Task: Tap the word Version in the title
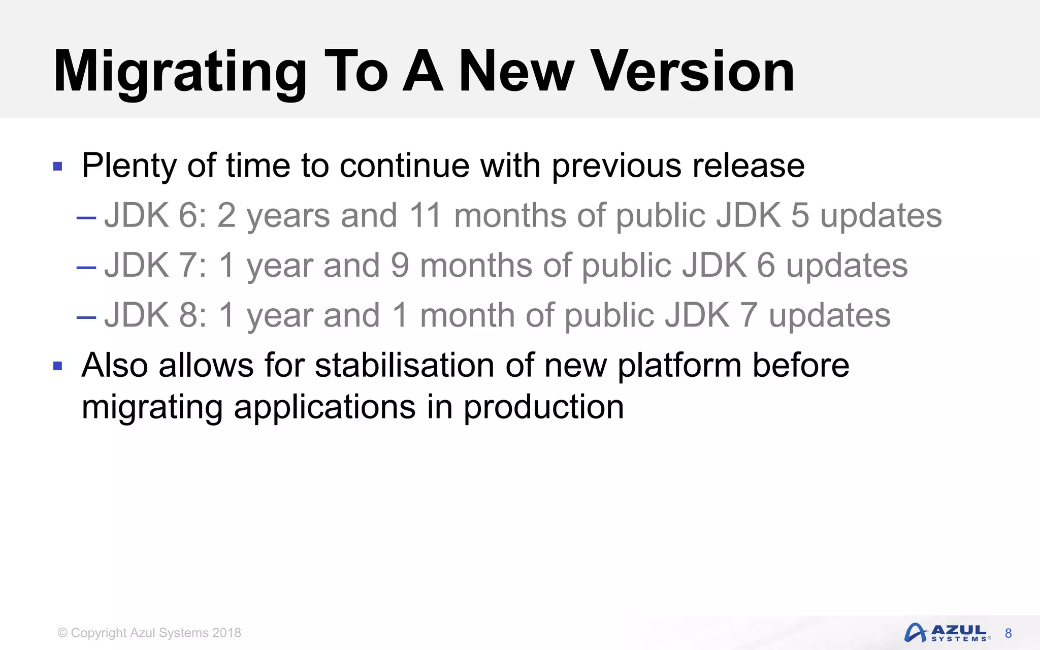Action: [x=694, y=72]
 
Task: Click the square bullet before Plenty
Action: [x=58, y=166]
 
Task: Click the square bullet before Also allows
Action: [x=58, y=366]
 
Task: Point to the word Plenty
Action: [x=129, y=166]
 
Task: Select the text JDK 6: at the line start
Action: [x=155, y=215]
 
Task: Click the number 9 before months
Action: [x=400, y=265]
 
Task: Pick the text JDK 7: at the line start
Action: [x=155, y=265]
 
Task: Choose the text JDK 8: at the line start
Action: [x=155, y=315]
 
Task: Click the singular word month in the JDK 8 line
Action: [x=467, y=315]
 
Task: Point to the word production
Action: [x=543, y=407]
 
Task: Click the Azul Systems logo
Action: [x=947, y=633]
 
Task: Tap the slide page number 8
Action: [x=1009, y=633]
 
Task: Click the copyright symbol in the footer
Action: [x=62, y=633]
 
